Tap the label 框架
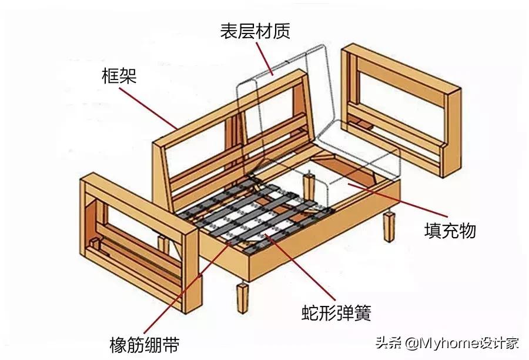tap(119, 75)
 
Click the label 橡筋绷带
tap(145, 344)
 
